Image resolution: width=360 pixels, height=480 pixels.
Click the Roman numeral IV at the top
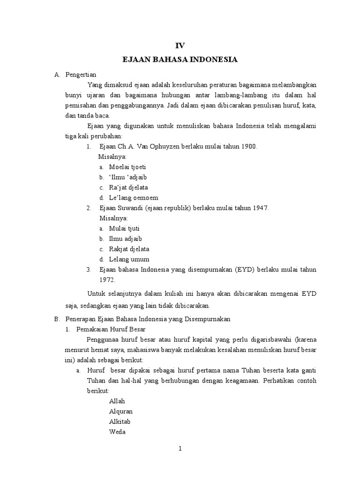point(180,45)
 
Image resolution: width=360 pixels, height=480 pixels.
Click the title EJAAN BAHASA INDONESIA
point(180,60)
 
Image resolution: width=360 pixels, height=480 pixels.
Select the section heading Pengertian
point(81,75)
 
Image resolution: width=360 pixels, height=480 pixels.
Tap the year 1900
point(249,146)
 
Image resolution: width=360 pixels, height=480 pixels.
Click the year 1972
point(107,279)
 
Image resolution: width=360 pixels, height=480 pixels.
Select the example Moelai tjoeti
point(127,167)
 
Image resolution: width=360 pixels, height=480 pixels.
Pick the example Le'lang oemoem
point(134,198)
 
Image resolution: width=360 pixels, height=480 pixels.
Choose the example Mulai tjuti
point(124,229)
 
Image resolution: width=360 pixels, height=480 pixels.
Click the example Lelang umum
point(129,259)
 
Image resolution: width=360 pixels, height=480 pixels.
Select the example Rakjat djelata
point(129,249)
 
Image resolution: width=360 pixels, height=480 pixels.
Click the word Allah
point(117,401)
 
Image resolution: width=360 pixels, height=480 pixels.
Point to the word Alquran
point(121,412)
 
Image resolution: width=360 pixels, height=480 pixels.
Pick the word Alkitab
point(120,422)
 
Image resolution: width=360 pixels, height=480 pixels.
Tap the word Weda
point(117,432)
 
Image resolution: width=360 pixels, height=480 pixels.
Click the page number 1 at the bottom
point(180,449)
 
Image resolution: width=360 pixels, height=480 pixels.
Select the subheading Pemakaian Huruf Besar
point(111,329)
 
